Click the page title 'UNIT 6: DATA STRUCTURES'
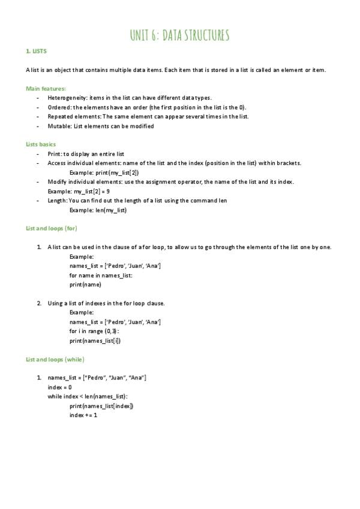179,35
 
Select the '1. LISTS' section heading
37,52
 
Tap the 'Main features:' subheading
46,88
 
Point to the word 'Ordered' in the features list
59,107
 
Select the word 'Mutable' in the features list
58,126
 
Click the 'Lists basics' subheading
41,145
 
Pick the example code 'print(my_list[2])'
117,172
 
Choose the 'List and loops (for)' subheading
52,229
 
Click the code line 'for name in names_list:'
101,276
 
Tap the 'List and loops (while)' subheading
55,360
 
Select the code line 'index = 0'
60,387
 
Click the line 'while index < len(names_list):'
88,397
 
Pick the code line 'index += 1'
83,415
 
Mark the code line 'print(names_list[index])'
101,406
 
